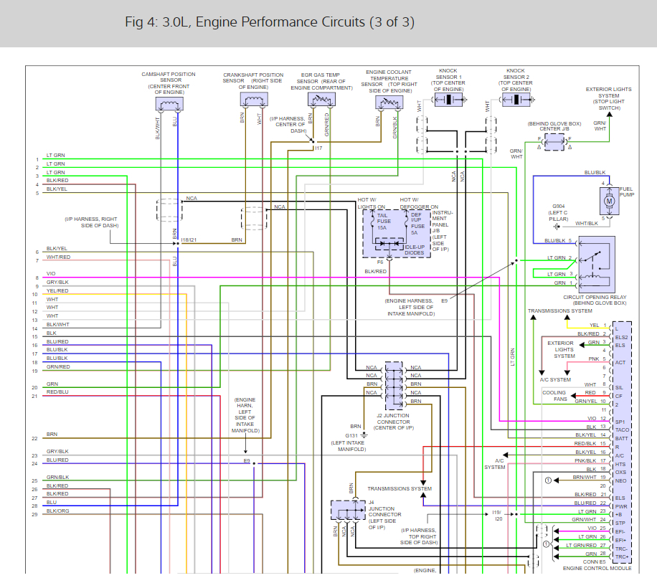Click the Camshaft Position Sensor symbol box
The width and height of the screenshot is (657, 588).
coord(169,104)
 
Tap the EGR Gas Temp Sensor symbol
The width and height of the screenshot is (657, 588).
coord(321,100)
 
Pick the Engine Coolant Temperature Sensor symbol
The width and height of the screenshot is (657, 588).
coord(388,103)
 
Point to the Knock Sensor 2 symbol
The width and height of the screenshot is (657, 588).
coord(516,100)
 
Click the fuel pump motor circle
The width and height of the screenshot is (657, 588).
coord(610,201)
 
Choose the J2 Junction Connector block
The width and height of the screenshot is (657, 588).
coord(393,385)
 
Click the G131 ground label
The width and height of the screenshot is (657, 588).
coord(351,435)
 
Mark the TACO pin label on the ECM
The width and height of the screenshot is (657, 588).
coord(621,430)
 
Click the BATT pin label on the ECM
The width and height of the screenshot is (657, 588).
coord(621,438)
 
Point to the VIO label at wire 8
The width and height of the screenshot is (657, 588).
coord(51,274)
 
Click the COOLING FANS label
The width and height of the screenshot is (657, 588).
coord(554,396)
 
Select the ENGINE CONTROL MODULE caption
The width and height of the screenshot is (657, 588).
coord(597,567)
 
